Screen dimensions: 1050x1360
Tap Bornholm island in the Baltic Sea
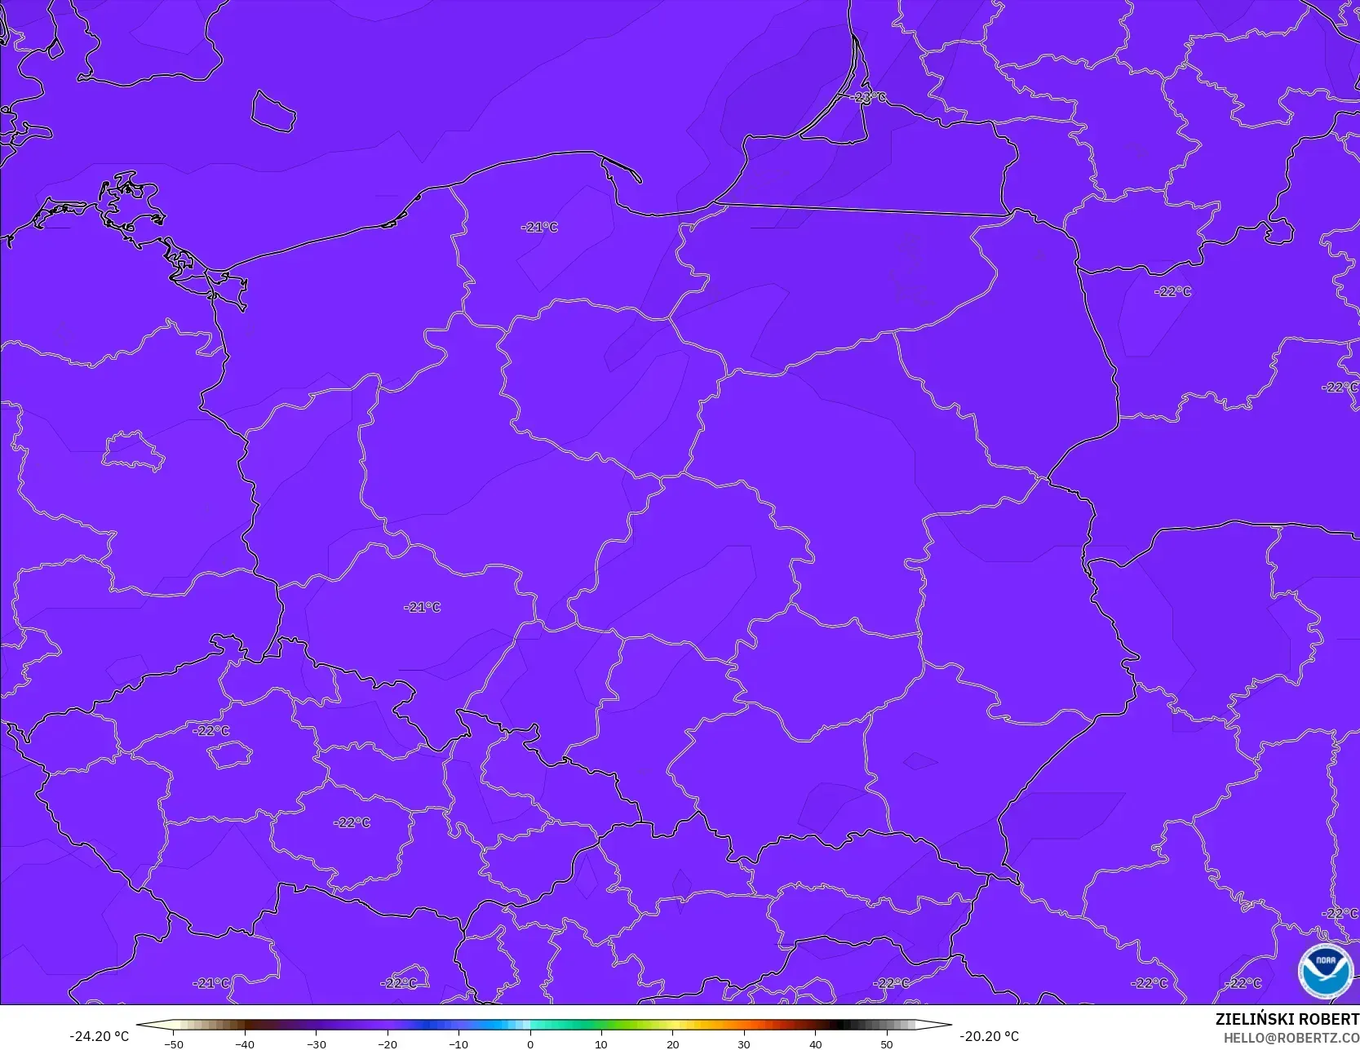point(272,111)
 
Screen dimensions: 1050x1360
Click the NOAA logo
point(1326,971)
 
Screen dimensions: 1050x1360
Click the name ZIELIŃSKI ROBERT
point(1287,1019)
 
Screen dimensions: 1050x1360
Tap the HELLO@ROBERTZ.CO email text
point(1291,1036)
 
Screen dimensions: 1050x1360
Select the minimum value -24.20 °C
point(99,1036)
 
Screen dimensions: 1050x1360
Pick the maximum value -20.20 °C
point(989,1036)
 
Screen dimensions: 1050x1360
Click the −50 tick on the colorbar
point(173,1044)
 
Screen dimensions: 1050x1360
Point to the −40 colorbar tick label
point(245,1044)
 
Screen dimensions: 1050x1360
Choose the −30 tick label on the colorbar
point(316,1044)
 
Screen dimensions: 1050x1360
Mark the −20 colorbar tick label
point(388,1044)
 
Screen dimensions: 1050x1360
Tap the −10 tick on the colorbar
point(459,1044)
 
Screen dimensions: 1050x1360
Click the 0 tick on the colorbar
point(530,1044)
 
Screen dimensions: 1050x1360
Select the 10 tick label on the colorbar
point(601,1044)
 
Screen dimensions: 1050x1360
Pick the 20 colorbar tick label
point(673,1044)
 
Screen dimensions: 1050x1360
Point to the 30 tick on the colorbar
point(744,1044)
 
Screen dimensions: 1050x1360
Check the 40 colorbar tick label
point(816,1044)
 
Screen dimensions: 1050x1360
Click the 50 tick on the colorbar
point(887,1044)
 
